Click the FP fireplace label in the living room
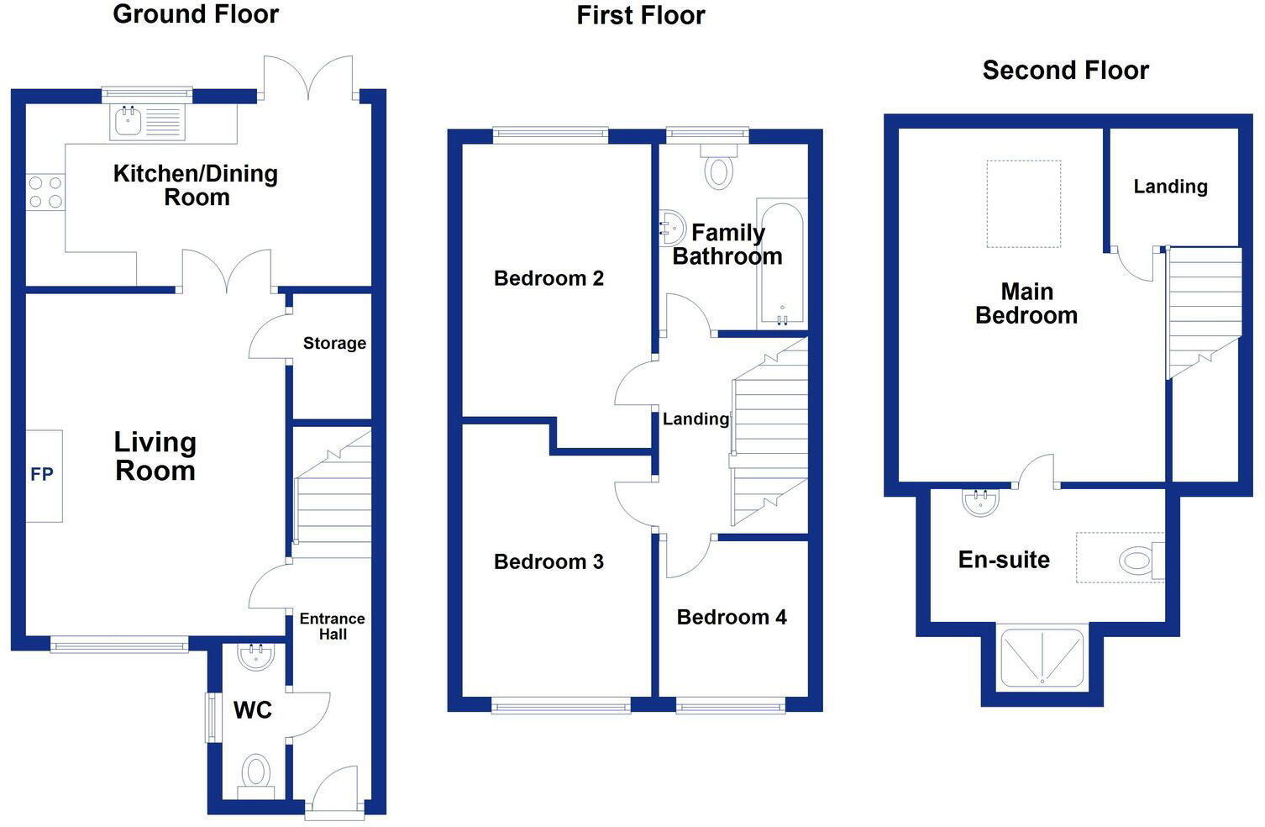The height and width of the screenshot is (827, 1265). (42, 475)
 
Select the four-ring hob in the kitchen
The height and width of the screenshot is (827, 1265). (45, 192)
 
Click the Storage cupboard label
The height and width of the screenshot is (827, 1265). (334, 343)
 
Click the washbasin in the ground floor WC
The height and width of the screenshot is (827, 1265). (255, 656)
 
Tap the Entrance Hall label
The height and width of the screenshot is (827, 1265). (332, 626)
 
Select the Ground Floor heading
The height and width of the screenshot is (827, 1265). (196, 14)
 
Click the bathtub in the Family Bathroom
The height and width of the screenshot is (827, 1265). (781, 262)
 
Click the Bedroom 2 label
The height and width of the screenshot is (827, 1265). (549, 278)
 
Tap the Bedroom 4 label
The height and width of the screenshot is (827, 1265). (732, 617)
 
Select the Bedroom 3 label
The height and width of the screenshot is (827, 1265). (549, 561)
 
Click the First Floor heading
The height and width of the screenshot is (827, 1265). (641, 15)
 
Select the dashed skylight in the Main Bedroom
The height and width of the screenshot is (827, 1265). (1023, 204)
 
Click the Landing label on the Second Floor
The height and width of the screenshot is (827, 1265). (1170, 187)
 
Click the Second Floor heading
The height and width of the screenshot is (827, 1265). (1065, 70)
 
